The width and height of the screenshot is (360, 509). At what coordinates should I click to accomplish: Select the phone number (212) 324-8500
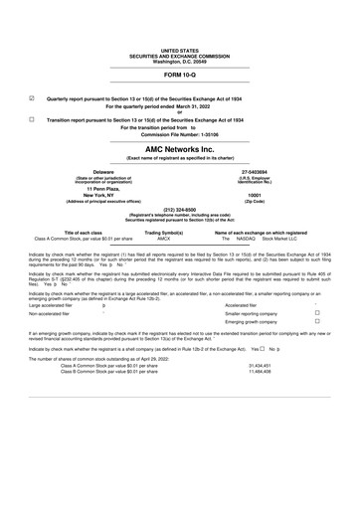[x=179, y=209]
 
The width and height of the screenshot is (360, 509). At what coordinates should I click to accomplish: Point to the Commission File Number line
[x=179, y=135]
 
